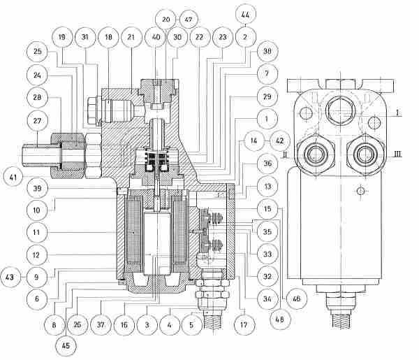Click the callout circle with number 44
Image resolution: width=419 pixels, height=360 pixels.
pos(245,15)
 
